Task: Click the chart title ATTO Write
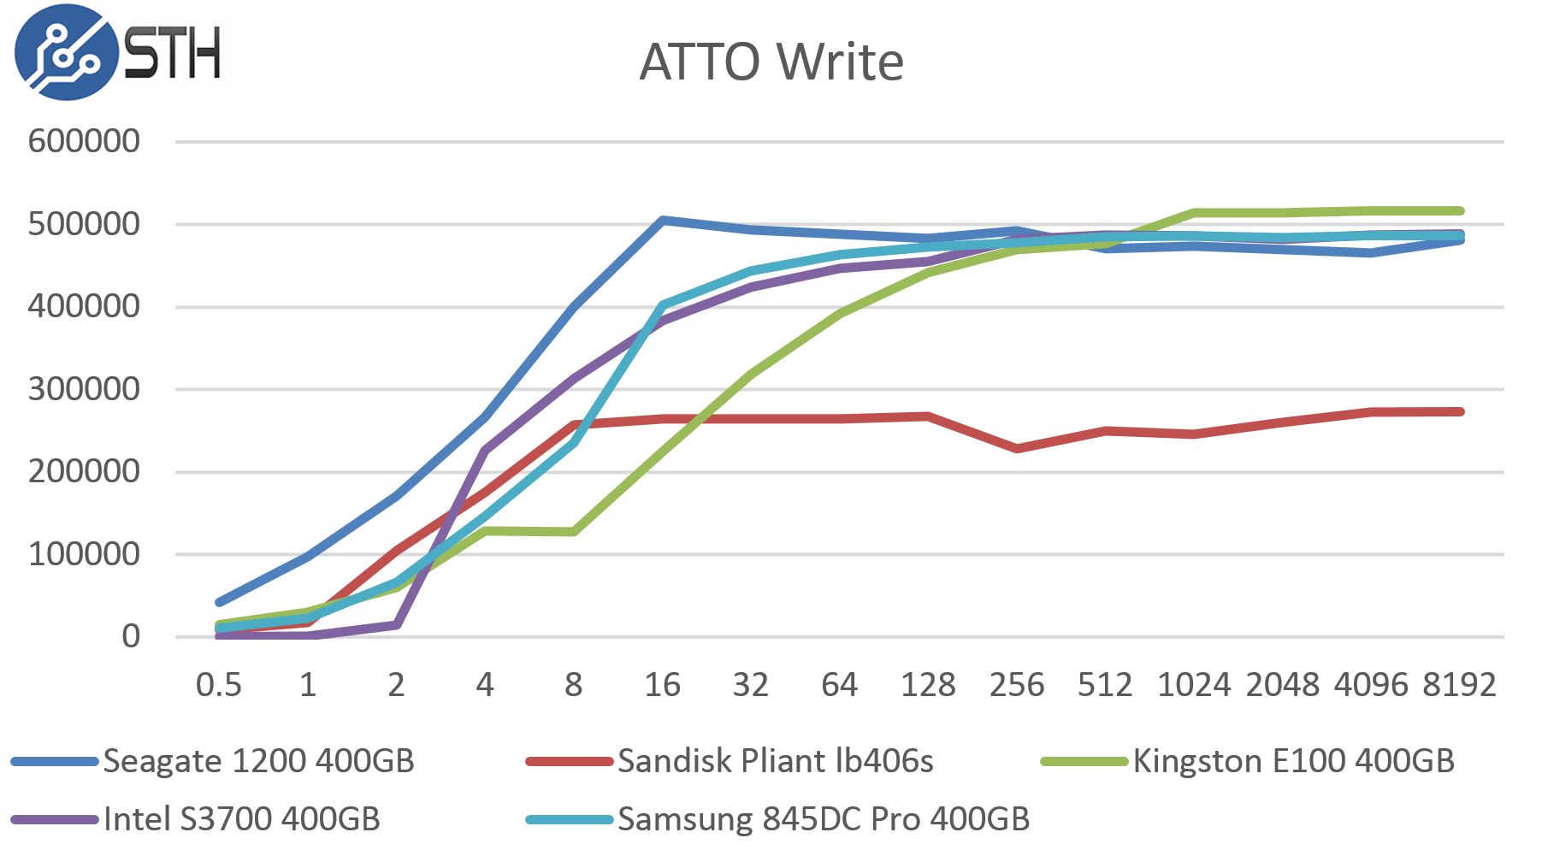point(771,62)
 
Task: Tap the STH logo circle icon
point(66,52)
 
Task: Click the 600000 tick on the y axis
point(84,141)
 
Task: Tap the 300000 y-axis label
point(84,389)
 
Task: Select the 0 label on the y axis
point(130,636)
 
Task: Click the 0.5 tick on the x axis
point(219,685)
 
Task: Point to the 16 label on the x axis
point(662,685)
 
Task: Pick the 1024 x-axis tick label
point(1194,685)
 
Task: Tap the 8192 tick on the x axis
point(1459,685)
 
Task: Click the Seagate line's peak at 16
point(663,221)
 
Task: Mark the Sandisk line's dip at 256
point(1017,448)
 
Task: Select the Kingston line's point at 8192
point(1460,211)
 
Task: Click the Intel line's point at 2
point(397,625)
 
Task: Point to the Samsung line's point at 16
point(663,305)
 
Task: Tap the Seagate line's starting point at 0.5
point(220,602)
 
